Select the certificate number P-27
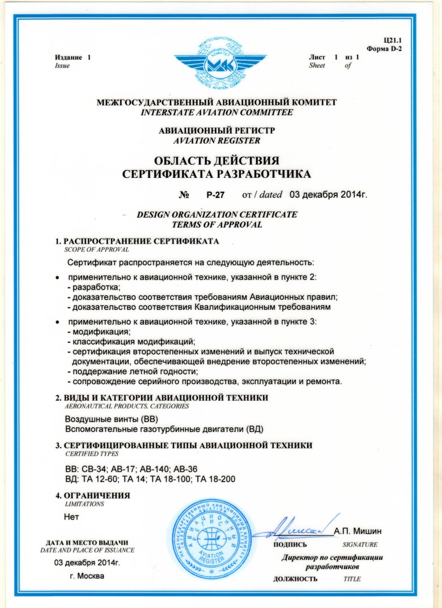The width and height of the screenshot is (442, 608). [215, 195]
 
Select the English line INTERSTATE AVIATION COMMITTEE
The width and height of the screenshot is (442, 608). [217, 112]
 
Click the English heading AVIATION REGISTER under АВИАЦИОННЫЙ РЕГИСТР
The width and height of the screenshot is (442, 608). [217, 140]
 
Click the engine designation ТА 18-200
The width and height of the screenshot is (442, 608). [215, 479]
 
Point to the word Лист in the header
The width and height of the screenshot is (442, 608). [317, 58]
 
